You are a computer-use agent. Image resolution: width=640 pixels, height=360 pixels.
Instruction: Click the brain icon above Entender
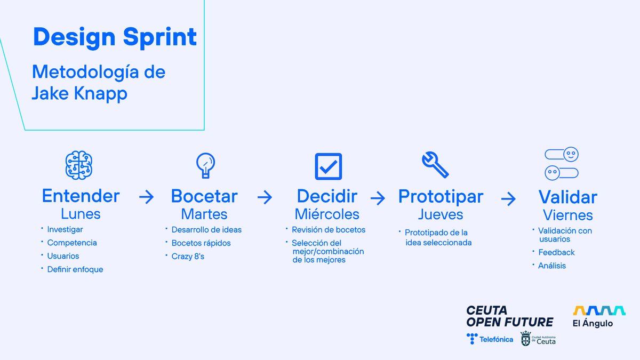[79, 165]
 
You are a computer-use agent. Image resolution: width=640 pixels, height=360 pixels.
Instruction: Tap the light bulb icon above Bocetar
[205, 165]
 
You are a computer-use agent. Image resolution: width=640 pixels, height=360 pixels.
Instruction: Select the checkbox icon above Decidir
[328, 166]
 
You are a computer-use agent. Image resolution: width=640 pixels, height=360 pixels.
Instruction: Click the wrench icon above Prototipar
[435, 165]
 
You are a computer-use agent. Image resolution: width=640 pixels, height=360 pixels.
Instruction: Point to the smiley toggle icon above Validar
[562, 164]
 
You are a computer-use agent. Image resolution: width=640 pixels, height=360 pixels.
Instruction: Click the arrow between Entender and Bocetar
[146, 197]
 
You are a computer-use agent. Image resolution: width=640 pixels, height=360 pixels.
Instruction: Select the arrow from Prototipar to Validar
[508, 199]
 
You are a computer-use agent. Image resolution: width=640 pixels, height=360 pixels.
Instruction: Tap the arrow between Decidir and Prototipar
[378, 198]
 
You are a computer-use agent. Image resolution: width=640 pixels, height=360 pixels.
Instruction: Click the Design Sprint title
[115, 37]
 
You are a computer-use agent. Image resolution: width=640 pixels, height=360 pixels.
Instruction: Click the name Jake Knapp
[79, 93]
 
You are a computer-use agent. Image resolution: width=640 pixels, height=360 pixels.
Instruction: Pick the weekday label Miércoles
[327, 214]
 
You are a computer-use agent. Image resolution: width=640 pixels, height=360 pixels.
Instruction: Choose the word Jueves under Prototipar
[441, 214]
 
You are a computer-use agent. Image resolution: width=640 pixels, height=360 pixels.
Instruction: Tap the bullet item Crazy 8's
[188, 257]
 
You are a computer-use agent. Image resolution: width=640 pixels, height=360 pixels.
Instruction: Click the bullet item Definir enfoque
[75, 269]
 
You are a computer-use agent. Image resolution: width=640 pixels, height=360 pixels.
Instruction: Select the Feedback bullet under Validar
[556, 252]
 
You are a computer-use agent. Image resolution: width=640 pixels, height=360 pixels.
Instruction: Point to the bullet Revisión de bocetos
[329, 230]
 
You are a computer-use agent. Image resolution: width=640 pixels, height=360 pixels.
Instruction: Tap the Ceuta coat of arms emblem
[526, 339]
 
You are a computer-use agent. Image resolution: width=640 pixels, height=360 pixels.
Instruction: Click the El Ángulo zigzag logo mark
[599, 310]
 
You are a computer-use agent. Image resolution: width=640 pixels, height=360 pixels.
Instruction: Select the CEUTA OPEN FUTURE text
[509, 316]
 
